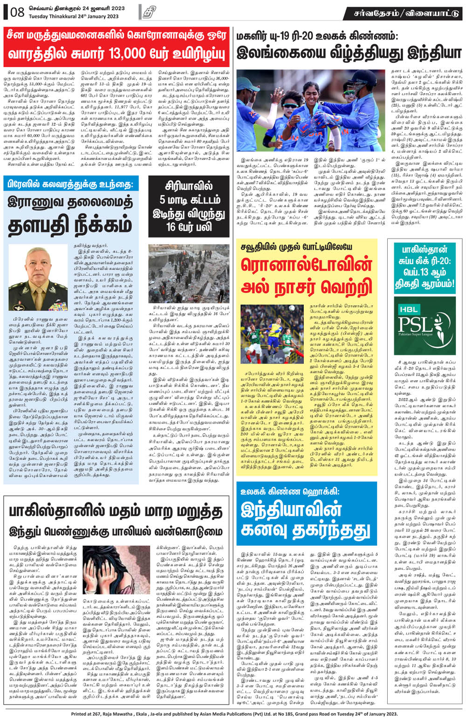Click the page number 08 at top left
click(17, 12)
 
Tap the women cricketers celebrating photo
click(312, 110)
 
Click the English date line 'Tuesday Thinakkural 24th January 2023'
click(74, 16)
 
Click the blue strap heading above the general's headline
click(71, 185)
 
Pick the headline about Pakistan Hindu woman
click(115, 520)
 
